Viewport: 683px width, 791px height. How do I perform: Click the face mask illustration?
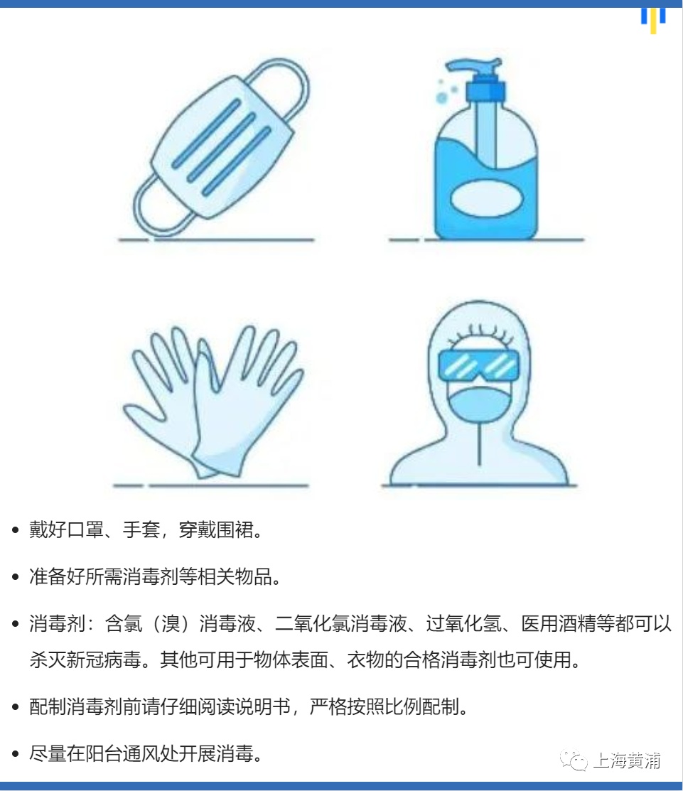(222, 146)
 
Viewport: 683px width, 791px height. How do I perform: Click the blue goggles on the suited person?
(478, 365)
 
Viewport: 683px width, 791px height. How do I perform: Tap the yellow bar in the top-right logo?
(653, 21)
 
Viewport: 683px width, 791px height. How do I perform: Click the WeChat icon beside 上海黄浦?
(574, 760)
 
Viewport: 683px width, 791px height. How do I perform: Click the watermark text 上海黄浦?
(627, 760)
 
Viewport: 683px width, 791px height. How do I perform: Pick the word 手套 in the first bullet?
(141, 529)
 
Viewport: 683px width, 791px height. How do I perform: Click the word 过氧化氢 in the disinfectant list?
(463, 623)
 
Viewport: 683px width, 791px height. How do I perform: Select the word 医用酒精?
(559, 623)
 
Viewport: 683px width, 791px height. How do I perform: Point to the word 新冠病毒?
(104, 660)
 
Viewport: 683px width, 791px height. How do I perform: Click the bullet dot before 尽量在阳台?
(15, 754)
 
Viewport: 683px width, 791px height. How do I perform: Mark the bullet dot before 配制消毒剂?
(15, 706)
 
